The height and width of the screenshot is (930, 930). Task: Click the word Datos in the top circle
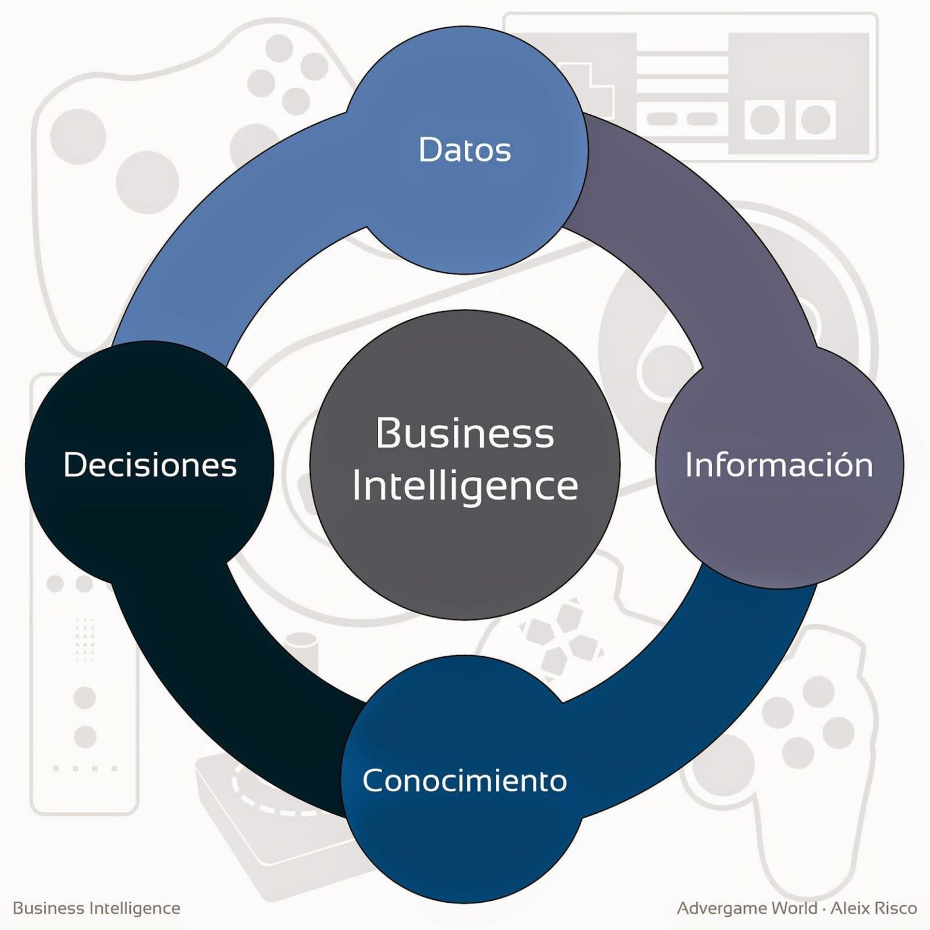pyautogui.click(x=465, y=150)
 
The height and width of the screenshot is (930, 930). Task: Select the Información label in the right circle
pyautogui.click(x=779, y=465)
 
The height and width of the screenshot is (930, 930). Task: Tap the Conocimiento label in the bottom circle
pyautogui.click(x=464, y=780)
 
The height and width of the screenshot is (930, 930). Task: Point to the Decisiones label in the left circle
pyautogui.click(x=150, y=465)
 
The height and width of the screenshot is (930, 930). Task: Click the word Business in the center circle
pyautogui.click(x=464, y=434)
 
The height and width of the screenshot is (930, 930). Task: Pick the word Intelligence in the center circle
pyautogui.click(x=465, y=486)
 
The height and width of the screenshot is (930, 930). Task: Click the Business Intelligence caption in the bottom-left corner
pyautogui.click(x=96, y=908)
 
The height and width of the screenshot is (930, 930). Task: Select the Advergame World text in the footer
pyautogui.click(x=747, y=908)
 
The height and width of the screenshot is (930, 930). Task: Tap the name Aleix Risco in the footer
pyautogui.click(x=874, y=908)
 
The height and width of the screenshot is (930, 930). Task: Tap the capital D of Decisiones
pyautogui.click(x=75, y=465)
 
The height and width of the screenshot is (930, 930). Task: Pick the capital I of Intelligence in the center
pyautogui.click(x=357, y=486)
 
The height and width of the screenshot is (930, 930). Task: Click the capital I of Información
pyautogui.click(x=689, y=465)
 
